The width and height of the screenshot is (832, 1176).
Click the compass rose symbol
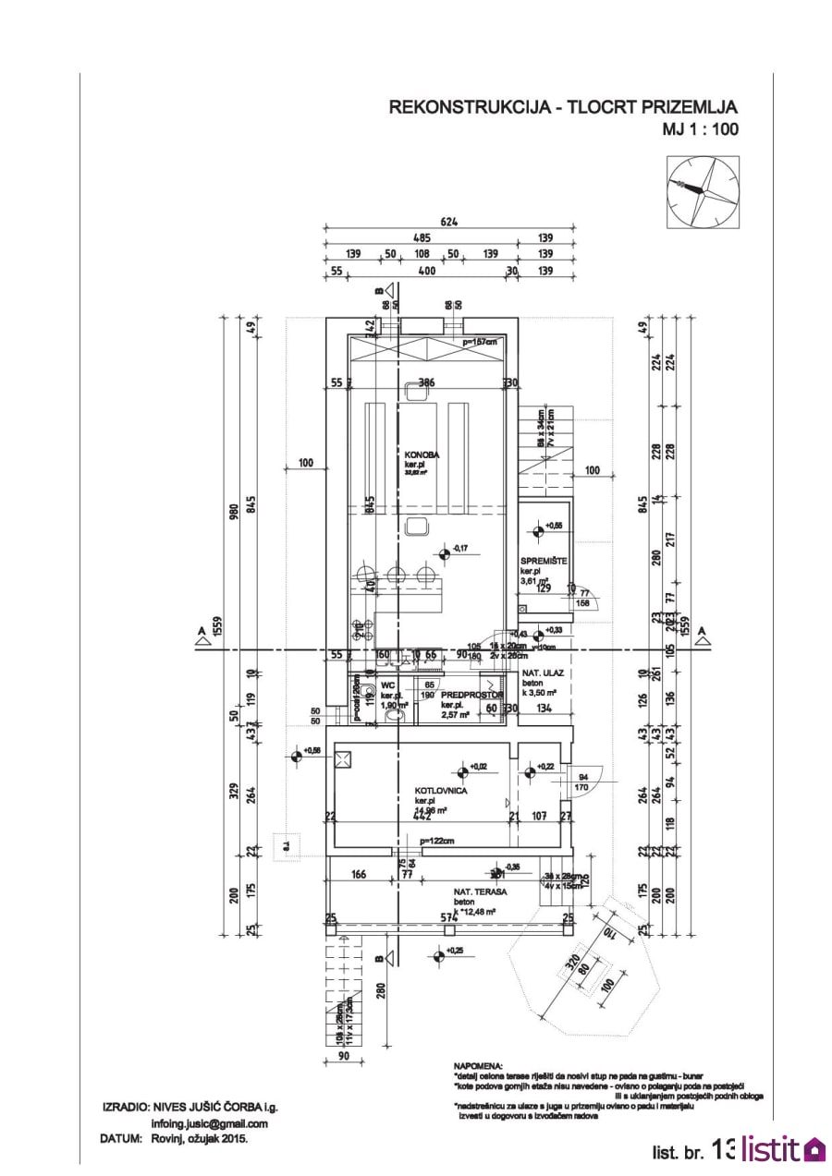click(703, 191)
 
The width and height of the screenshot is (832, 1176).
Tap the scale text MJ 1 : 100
click(700, 129)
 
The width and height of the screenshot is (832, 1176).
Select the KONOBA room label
click(421, 455)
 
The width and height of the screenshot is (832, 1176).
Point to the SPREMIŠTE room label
click(544, 561)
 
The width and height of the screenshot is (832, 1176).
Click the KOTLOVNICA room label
click(441, 792)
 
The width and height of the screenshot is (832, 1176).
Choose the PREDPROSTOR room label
click(472, 695)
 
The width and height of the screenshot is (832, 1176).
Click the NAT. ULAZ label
click(543, 673)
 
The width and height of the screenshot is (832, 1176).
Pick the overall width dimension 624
click(450, 222)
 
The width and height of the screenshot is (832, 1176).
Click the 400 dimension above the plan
click(426, 271)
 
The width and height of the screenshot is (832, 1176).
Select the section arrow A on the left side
click(201, 635)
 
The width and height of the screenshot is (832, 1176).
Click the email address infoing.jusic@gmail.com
click(209, 1123)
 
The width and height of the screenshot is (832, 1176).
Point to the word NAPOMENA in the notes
click(477, 1065)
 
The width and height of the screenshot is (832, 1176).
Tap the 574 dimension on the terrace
click(449, 917)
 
